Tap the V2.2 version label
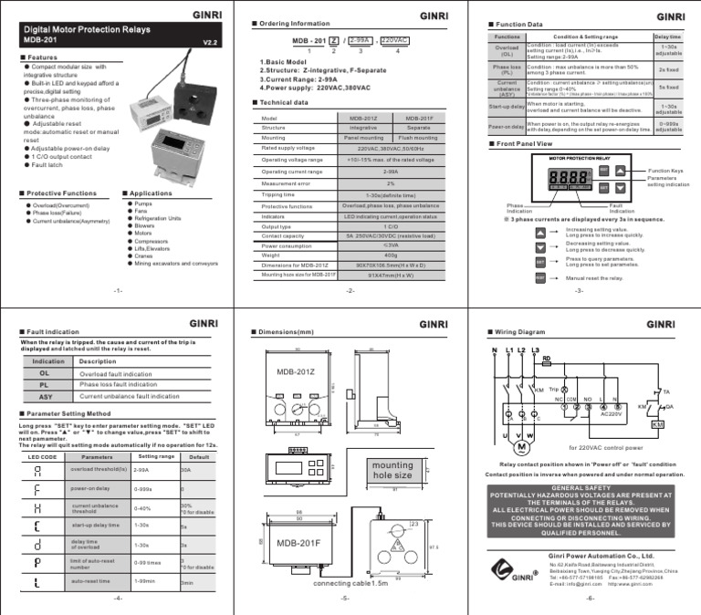[210, 42]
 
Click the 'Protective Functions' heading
[61, 193]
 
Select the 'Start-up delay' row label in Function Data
[506, 108]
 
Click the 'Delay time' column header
[667, 36]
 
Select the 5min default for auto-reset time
[187, 581]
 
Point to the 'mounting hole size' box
[392, 470]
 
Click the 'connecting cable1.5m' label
[351, 583]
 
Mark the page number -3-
[579, 290]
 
